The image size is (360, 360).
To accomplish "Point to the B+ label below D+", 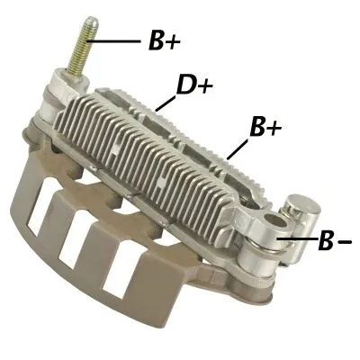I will (265, 128).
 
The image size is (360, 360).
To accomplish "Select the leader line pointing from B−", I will (301, 238).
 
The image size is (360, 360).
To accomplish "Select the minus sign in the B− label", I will (345, 243).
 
